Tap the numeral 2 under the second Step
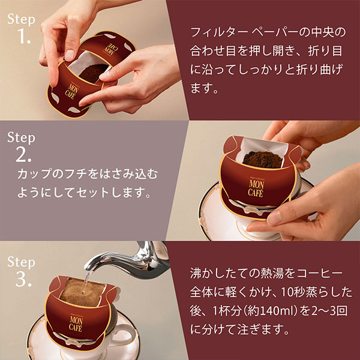pos(23,156)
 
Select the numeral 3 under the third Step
pos(23,280)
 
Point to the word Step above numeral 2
pos(22,137)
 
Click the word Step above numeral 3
pos(22,262)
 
